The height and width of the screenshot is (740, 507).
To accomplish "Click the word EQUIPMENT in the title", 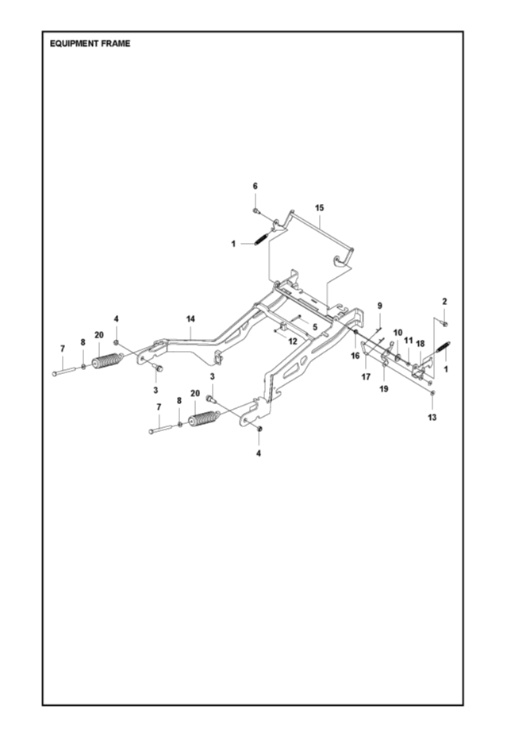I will click(x=74, y=44).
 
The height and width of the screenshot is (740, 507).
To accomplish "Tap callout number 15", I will click(x=319, y=207).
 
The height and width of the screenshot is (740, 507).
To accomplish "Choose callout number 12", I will click(x=293, y=341).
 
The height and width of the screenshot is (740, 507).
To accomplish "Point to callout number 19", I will click(x=383, y=389).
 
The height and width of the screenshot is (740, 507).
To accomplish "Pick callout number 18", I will click(x=421, y=344).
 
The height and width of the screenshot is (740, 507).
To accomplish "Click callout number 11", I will click(x=409, y=340).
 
